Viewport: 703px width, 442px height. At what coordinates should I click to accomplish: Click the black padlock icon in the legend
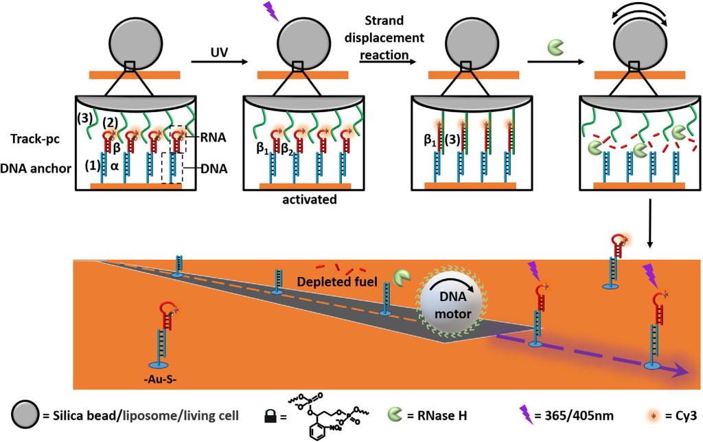[x=271, y=415]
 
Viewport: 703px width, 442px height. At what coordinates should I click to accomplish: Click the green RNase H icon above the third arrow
[x=554, y=47]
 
